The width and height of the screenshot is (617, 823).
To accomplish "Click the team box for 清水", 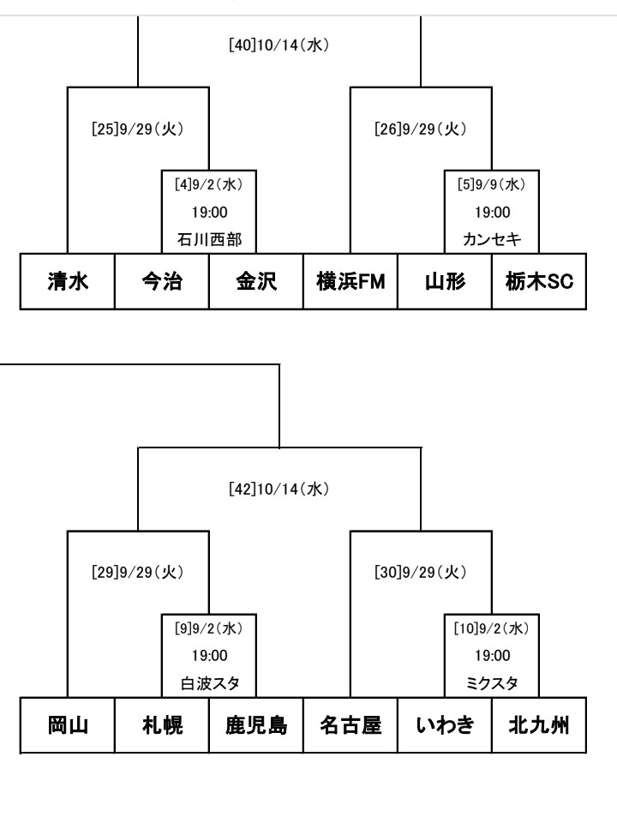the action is [x=67, y=281].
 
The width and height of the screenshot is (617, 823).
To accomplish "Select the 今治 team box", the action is [x=162, y=281].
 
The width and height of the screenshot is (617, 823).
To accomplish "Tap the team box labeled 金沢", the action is [x=256, y=281].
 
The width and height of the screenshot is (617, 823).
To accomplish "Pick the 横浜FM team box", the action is [x=350, y=281].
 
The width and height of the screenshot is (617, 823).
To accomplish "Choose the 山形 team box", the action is [x=445, y=281].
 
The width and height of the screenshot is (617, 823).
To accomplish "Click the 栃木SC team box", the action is [x=539, y=281].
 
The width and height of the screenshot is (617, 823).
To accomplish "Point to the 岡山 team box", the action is [x=67, y=725].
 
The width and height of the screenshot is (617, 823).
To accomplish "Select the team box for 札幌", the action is [x=162, y=725].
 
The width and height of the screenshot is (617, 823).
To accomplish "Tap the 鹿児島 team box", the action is [x=256, y=725].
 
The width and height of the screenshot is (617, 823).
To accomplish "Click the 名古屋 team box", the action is [x=350, y=725].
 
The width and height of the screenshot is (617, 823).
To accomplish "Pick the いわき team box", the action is [x=445, y=725].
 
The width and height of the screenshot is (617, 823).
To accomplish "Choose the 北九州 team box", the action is [x=539, y=725].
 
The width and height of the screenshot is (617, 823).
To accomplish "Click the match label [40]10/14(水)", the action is [x=279, y=45].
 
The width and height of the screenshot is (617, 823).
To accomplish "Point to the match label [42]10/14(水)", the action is [x=279, y=490].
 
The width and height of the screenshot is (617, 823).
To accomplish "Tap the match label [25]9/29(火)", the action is [x=137, y=129].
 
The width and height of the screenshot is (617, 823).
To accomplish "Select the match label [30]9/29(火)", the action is [x=421, y=572].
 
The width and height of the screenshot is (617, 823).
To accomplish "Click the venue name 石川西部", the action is [x=209, y=240].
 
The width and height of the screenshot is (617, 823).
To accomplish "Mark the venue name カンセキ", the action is [x=492, y=240].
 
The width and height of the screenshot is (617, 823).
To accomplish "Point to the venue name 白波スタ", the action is [x=210, y=683].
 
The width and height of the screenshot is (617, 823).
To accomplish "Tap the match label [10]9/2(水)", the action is [x=492, y=628].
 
